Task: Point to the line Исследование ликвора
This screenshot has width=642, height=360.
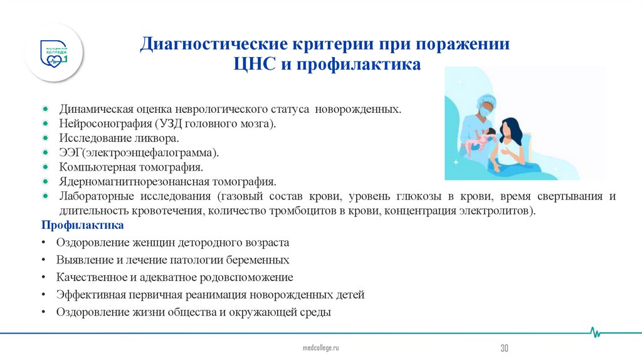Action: click(x=119, y=137)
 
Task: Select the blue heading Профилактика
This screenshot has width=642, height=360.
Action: click(x=74, y=225)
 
